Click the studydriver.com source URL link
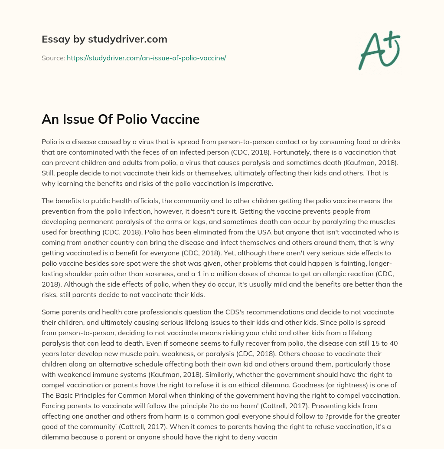coord(146,58)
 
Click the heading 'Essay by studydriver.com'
coord(104,39)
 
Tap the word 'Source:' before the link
coord(53,58)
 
